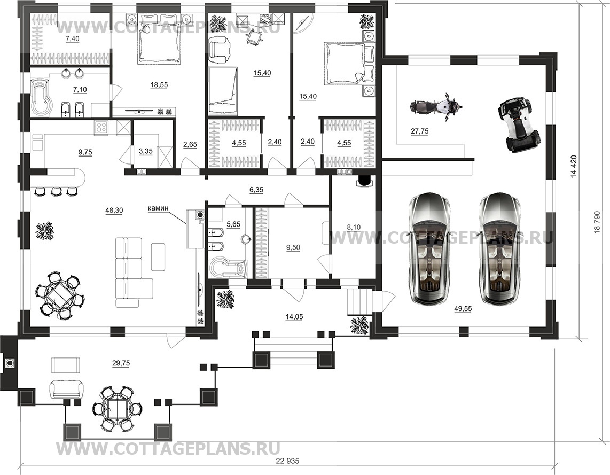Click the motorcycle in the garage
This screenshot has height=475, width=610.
click(x=436, y=105)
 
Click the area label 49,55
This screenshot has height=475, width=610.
click(x=463, y=309)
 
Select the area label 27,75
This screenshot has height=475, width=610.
click(x=419, y=131)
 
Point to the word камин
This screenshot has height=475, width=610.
click(x=158, y=208)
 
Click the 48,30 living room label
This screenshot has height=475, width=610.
click(x=114, y=210)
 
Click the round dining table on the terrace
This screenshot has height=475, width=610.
click(x=116, y=408)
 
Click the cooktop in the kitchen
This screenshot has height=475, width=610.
click(x=101, y=128)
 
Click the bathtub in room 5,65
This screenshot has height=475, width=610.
click(x=228, y=268)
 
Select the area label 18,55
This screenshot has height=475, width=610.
click(x=159, y=84)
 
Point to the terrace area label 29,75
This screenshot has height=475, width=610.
click(x=121, y=363)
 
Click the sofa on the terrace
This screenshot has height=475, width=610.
click(x=66, y=389)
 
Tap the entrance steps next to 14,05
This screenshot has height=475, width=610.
click(x=360, y=301)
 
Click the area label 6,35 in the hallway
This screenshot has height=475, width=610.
click(x=256, y=190)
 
